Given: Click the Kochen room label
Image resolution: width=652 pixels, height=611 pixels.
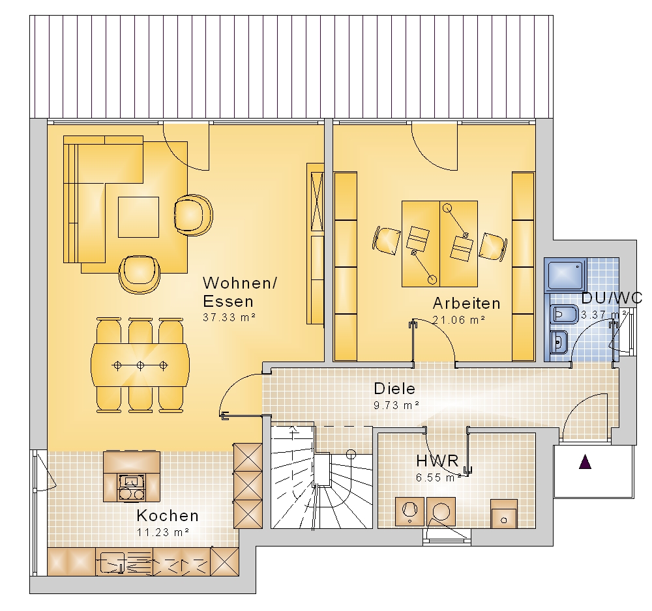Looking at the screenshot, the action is coord(168,515).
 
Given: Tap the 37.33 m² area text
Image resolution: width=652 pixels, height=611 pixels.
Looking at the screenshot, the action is coord(229,317).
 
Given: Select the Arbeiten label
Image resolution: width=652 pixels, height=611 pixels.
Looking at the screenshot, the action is coord(467,303).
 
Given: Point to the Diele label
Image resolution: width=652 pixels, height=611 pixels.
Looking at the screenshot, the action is coord(394,389).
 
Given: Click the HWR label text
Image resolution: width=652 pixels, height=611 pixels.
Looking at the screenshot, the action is coord(437,461).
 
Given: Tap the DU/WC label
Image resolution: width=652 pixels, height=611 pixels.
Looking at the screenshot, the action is coord(612,298).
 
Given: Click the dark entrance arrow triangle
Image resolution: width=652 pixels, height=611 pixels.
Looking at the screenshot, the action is coord(585,462).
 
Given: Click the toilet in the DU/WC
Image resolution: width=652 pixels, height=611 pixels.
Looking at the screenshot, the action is coord(563,315).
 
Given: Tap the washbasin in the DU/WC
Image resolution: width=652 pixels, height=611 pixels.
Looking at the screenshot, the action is coord(558,342).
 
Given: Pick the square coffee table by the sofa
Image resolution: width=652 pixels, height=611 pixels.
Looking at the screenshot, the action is coord(138,217).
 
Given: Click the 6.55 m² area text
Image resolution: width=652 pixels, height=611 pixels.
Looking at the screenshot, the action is coord(439,477).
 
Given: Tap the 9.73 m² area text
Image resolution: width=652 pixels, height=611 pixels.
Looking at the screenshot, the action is coord(396,405).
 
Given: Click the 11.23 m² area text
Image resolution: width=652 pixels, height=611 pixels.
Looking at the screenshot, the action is coord(163,532).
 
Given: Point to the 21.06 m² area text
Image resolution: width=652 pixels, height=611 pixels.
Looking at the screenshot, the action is coord(459,320).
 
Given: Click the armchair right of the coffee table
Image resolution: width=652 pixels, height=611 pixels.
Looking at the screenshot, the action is coord(193,215).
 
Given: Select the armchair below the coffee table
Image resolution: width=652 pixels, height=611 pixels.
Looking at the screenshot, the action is coord(140,274).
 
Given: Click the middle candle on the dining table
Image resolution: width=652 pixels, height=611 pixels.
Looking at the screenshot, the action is coord(141,365).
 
